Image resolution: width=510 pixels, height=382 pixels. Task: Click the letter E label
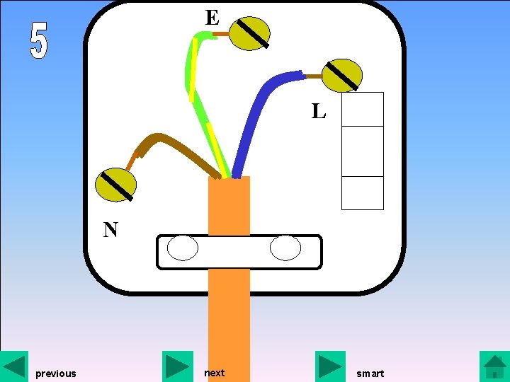point(212,18)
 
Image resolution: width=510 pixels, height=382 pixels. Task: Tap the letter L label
point(319,111)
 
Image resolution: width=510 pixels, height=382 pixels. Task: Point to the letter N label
point(110,230)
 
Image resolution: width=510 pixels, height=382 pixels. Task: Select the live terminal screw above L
point(342,76)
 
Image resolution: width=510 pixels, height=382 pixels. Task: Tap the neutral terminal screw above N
point(115,185)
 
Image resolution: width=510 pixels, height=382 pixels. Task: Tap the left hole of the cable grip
point(183,248)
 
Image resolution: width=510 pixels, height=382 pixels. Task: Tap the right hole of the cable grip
point(285,248)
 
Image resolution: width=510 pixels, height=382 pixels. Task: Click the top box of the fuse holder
point(362,109)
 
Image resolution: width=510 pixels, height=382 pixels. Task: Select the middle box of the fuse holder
point(362,151)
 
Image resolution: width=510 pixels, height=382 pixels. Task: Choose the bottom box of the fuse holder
point(362,192)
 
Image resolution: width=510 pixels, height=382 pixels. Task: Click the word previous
point(55,374)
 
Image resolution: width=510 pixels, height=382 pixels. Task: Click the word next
point(214,373)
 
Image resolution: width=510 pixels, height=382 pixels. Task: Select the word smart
point(370,374)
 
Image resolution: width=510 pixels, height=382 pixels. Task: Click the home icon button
point(494,366)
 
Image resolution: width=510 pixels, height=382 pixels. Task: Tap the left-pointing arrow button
point(14,366)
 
